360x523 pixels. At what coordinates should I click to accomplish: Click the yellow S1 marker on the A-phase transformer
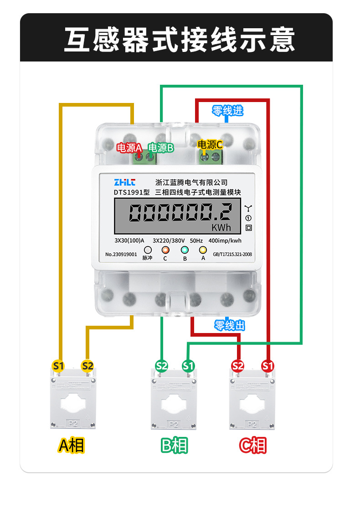click(x=58, y=365)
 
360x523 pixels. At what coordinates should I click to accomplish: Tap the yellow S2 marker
click(x=87, y=365)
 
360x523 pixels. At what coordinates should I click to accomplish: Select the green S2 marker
click(x=162, y=365)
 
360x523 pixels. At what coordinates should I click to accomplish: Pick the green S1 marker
click(x=188, y=365)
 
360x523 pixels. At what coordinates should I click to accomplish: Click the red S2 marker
click(x=238, y=365)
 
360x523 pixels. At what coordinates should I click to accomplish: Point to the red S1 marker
click(x=268, y=365)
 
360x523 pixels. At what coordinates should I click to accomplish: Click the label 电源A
click(x=130, y=148)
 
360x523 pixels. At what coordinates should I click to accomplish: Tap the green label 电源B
click(x=161, y=148)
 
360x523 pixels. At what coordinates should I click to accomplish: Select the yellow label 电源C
click(x=210, y=145)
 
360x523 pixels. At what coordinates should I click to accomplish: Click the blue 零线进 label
click(x=228, y=110)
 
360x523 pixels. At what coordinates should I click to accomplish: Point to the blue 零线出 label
click(x=230, y=325)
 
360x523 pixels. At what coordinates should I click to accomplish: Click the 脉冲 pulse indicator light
click(x=148, y=250)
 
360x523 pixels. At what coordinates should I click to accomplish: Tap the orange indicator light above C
click(x=165, y=250)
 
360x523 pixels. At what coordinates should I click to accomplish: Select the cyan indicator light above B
click(x=185, y=250)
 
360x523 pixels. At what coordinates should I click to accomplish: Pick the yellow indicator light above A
click(x=203, y=250)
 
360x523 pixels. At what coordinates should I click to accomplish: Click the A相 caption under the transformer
click(x=72, y=445)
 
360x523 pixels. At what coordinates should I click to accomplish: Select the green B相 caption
click(x=174, y=445)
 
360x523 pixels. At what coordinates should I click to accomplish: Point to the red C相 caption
click(x=253, y=445)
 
